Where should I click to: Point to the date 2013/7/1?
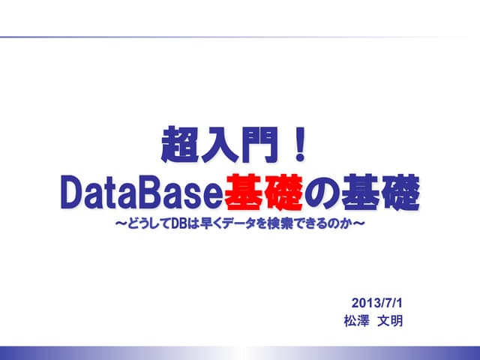[x=377, y=304]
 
